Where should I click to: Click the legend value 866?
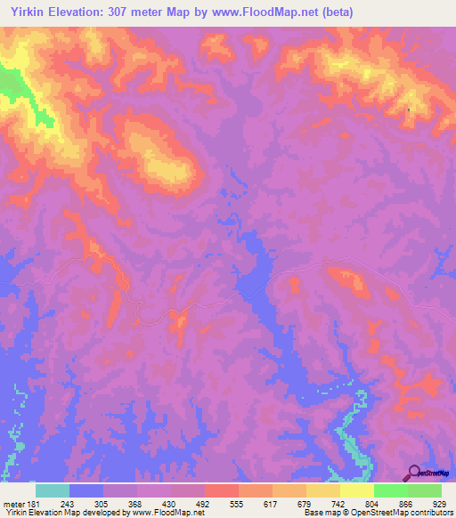[407, 502]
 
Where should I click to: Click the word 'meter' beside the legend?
[12, 502]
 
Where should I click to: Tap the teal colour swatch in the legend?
[52, 490]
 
